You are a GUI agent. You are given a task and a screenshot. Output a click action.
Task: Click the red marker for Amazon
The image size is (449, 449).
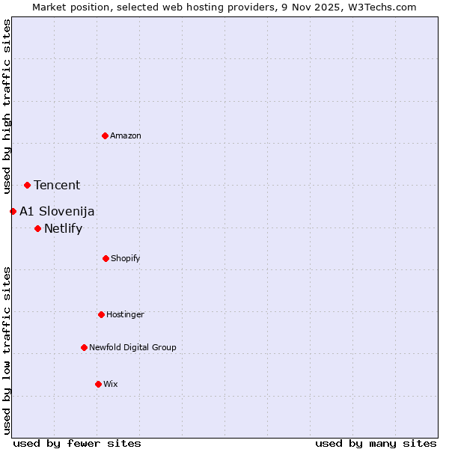(105, 135)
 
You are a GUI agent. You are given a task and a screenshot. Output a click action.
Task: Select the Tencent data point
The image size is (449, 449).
(27, 185)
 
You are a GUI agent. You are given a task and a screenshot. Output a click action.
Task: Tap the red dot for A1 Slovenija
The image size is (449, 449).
(13, 211)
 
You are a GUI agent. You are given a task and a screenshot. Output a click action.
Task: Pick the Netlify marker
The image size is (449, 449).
(37, 228)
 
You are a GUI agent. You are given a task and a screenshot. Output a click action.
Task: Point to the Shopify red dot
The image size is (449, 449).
(106, 258)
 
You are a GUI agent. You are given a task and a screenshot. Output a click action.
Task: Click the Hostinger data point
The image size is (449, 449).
(101, 314)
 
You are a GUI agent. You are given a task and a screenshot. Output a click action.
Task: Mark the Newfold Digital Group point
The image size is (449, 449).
(84, 347)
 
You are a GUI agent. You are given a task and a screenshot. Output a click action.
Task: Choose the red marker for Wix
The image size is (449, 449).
(98, 384)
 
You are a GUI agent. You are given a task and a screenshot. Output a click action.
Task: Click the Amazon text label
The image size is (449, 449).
(126, 135)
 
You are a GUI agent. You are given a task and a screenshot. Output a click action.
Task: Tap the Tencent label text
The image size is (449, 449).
(57, 186)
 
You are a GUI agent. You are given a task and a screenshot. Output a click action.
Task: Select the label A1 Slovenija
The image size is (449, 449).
(57, 212)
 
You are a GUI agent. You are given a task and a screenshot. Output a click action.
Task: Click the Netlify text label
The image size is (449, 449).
(63, 229)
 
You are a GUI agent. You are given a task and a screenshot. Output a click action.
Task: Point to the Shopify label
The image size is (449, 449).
(125, 258)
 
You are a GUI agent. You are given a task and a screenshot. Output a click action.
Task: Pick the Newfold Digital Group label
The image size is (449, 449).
(132, 347)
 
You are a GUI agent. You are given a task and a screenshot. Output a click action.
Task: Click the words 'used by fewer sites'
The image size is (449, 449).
(77, 443)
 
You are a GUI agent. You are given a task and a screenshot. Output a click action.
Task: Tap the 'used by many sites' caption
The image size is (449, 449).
(376, 443)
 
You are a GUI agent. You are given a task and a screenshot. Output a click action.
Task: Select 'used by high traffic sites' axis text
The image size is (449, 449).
(7, 107)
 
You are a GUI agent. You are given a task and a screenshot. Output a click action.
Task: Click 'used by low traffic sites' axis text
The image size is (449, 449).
(7, 350)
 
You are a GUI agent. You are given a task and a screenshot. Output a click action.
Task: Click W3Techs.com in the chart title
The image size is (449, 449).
(381, 7)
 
